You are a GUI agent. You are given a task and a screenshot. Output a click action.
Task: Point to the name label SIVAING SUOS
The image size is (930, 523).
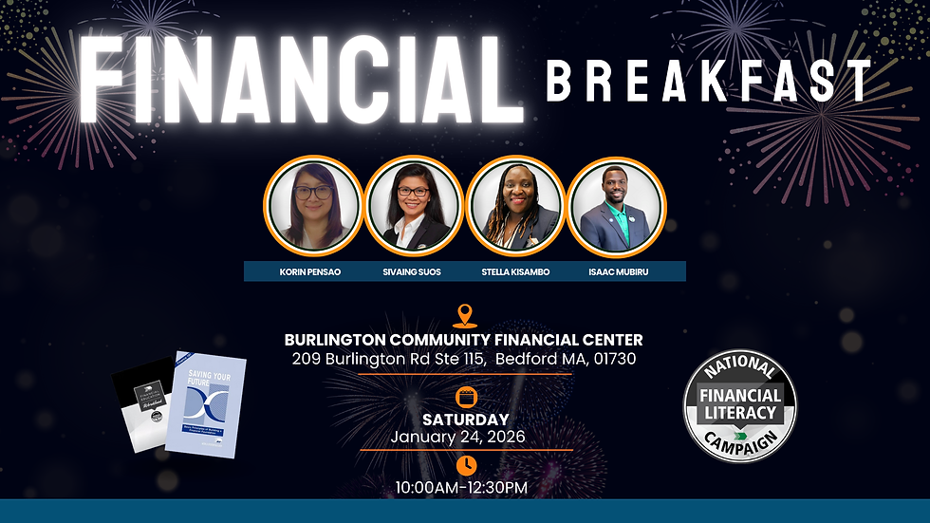tap(411, 271)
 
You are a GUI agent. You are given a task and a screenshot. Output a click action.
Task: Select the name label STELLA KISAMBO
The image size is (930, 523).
tap(515, 271)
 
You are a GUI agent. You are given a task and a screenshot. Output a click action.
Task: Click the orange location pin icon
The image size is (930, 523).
tap(464, 316)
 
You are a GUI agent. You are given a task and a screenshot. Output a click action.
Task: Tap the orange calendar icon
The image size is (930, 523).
tap(465, 397)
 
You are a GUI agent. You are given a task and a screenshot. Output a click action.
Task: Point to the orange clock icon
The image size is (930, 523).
tap(466, 465)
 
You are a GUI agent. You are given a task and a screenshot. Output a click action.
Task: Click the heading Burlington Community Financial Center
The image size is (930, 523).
tap(464, 340)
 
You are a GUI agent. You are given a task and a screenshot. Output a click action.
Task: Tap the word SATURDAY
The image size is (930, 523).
tap(465, 419)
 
